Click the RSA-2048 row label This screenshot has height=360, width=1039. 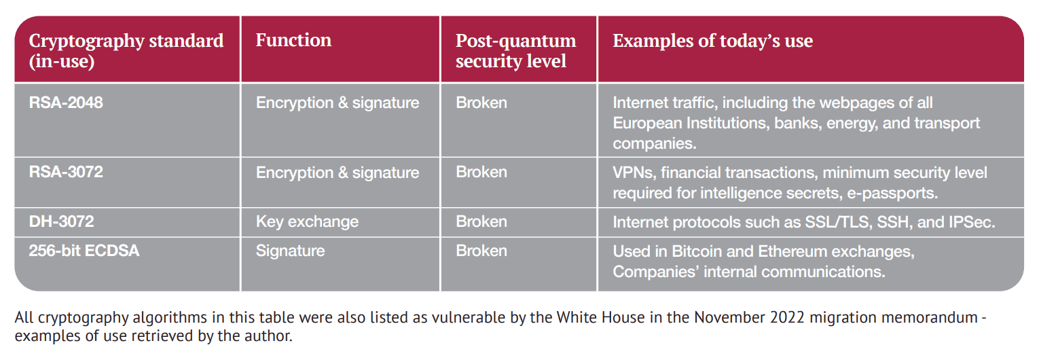coord(66,103)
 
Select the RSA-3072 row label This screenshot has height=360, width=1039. coord(66,172)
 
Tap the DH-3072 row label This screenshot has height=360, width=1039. coord(61,221)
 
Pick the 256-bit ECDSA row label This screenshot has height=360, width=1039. coord(84,251)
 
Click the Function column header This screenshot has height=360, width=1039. coord(293,40)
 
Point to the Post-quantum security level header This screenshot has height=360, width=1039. coord(516,50)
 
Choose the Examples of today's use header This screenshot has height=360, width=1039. coord(712,41)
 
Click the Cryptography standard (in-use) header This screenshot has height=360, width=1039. coord(126,50)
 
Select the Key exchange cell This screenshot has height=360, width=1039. coord(307,221)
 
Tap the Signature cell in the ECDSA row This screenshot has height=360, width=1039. coord(291,251)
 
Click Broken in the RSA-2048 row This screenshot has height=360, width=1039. coord(481,103)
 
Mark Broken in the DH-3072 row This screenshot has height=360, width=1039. coord(481,221)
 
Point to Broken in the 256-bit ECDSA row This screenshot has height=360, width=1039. coord(481,251)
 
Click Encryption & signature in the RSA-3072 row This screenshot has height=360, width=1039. coord(338,173)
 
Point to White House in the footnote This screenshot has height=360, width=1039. coord(601,317)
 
